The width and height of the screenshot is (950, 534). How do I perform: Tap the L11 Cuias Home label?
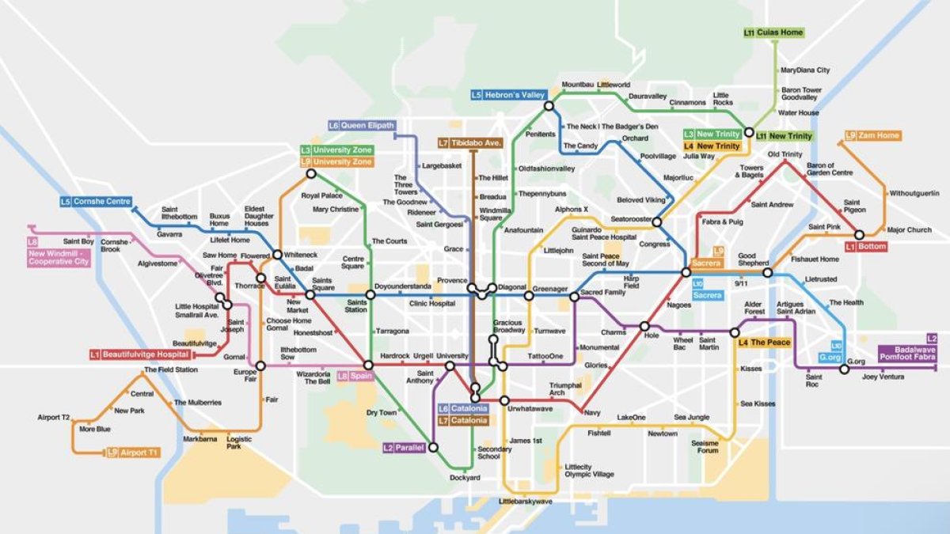[773, 32]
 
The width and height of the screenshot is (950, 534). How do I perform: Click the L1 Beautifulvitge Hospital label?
[140, 354]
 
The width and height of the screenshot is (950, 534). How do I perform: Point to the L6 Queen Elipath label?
[361, 125]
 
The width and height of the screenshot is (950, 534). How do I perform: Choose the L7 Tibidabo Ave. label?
[470, 143]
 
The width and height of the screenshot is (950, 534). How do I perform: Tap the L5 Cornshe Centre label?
[96, 202]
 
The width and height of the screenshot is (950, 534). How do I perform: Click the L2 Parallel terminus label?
[404, 448]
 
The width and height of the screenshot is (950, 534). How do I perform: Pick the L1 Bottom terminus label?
[865, 247]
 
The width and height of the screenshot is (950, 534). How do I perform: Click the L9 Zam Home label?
[872, 135]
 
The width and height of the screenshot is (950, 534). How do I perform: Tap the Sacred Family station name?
[603, 293]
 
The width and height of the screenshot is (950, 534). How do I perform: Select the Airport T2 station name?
[54, 417]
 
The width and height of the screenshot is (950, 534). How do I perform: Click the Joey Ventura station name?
[883, 377]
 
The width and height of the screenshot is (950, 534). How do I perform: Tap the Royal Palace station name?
[321, 195]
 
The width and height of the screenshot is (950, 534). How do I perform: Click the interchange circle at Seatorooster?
[656, 222]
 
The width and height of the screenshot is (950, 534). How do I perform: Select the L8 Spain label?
[355, 376]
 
